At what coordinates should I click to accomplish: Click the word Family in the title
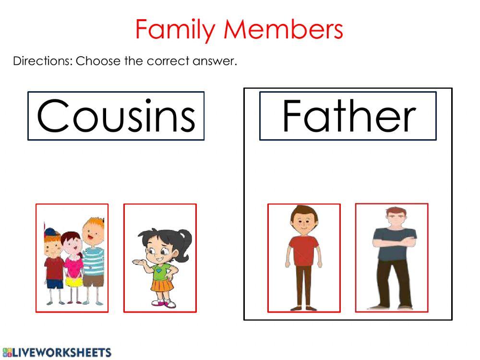pos(175,29)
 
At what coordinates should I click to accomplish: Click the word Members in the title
pos(284,29)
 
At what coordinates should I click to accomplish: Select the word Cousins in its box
pos(116,116)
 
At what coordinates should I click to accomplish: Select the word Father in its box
pos(348,116)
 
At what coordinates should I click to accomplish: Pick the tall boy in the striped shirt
pos(92,259)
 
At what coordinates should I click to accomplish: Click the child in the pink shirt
pos(72,262)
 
